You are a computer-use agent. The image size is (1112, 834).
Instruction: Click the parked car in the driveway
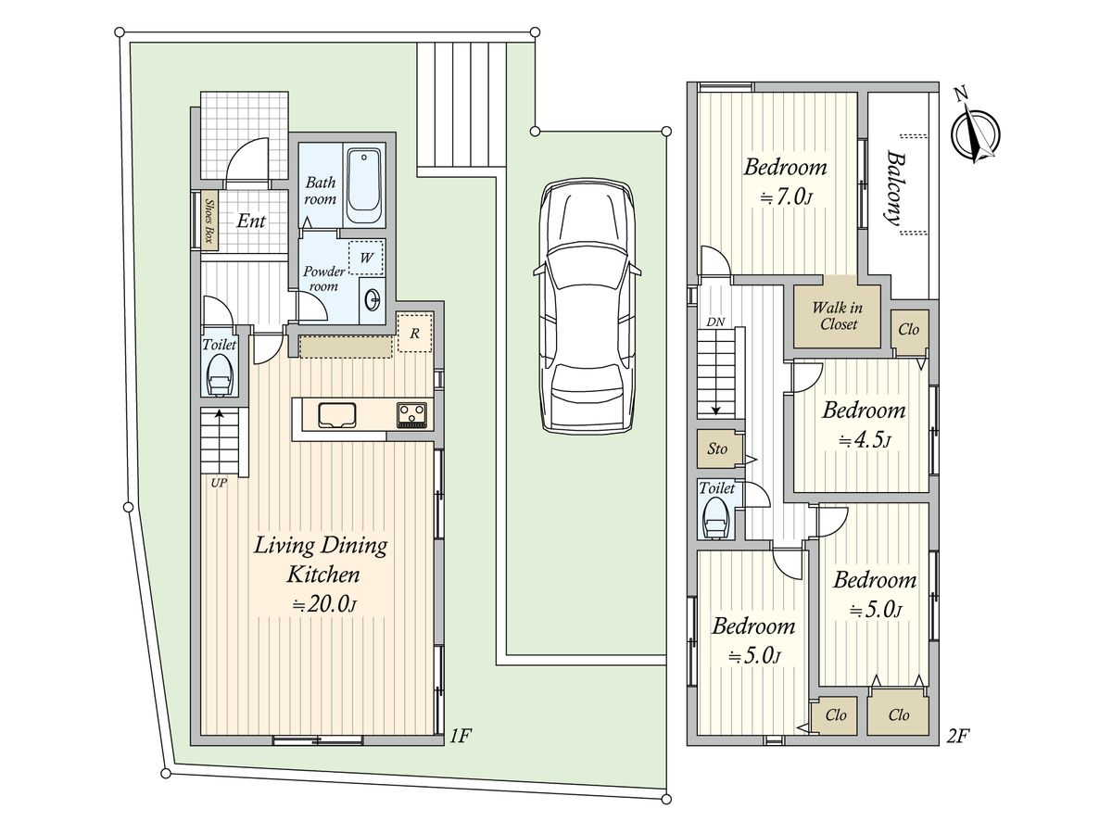tap(588, 307)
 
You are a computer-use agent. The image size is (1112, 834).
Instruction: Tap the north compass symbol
tap(975, 134)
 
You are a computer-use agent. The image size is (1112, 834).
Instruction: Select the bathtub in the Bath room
tap(364, 186)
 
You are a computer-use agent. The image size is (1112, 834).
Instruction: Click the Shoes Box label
tap(208, 221)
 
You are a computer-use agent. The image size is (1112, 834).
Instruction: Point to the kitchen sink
tap(337, 415)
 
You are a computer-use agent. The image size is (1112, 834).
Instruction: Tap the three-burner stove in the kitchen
tap(411, 413)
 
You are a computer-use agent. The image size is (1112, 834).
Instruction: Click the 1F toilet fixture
tap(220, 374)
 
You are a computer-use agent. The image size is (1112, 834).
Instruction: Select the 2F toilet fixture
tap(714, 517)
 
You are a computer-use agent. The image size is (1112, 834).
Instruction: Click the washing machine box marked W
tap(366, 258)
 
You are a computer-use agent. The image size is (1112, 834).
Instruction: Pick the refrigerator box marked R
tap(415, 333)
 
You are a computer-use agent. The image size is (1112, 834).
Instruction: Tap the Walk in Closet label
tap(838, 316)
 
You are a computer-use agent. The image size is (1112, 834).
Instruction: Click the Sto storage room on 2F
tap(717, 449)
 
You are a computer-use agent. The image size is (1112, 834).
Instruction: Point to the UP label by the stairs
tap(219, 483)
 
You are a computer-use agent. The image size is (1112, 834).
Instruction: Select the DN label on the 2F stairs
tap(715, 322)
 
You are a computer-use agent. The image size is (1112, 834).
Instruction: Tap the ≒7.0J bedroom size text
tap(786, 197)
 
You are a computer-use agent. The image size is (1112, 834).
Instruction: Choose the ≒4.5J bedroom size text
tap(865, 440)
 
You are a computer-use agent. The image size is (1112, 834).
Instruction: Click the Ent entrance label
tap(251, 221)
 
